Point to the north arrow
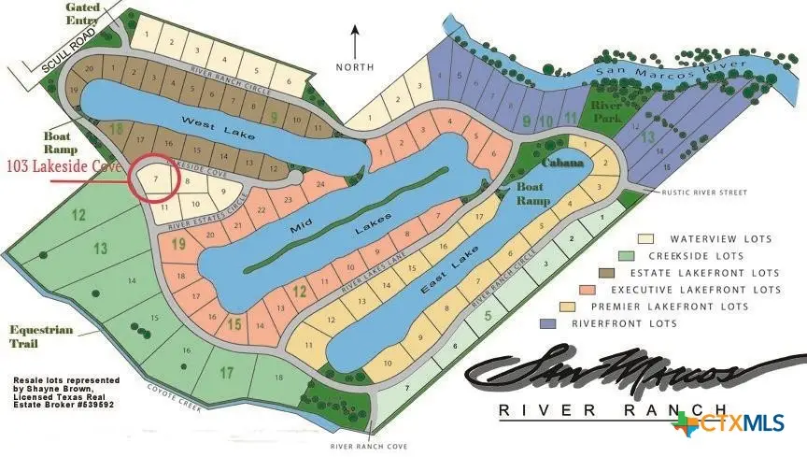pos(355,41)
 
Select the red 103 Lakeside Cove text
pos(64,166)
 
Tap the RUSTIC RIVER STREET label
pos(706,193)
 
